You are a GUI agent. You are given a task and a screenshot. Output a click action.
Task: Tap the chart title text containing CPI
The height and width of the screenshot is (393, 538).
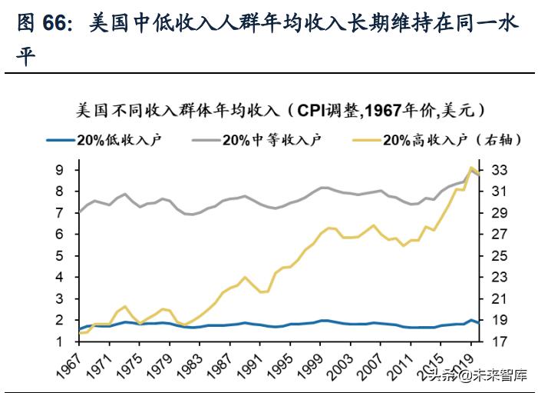pos(281,110)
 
